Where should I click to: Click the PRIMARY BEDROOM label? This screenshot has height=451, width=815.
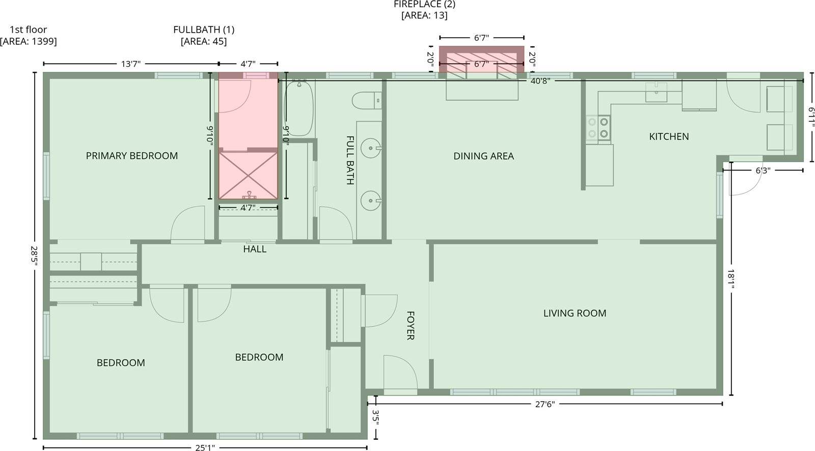point(131,156)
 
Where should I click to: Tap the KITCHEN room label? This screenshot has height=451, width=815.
point(669,136)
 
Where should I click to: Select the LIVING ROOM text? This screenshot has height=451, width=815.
point(575,313)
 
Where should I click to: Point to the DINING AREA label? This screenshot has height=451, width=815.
point(483,156)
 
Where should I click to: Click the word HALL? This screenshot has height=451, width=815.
point(255,249)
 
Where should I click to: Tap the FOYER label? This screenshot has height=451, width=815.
point(411,325)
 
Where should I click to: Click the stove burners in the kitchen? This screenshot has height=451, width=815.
point(598,128)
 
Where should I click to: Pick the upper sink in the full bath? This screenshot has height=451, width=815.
point(370,149)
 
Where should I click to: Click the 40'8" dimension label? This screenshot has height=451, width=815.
point(540,81)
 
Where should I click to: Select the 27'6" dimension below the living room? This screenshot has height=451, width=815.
point(544,404)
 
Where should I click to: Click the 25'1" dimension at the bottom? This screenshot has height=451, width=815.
point(205,447)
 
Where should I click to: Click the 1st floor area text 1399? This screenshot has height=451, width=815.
point(29,42)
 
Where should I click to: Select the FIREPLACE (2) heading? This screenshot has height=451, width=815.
point(424,5)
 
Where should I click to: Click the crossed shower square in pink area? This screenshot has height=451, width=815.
point(248,175)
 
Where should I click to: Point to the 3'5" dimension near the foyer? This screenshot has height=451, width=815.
point(376,417)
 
